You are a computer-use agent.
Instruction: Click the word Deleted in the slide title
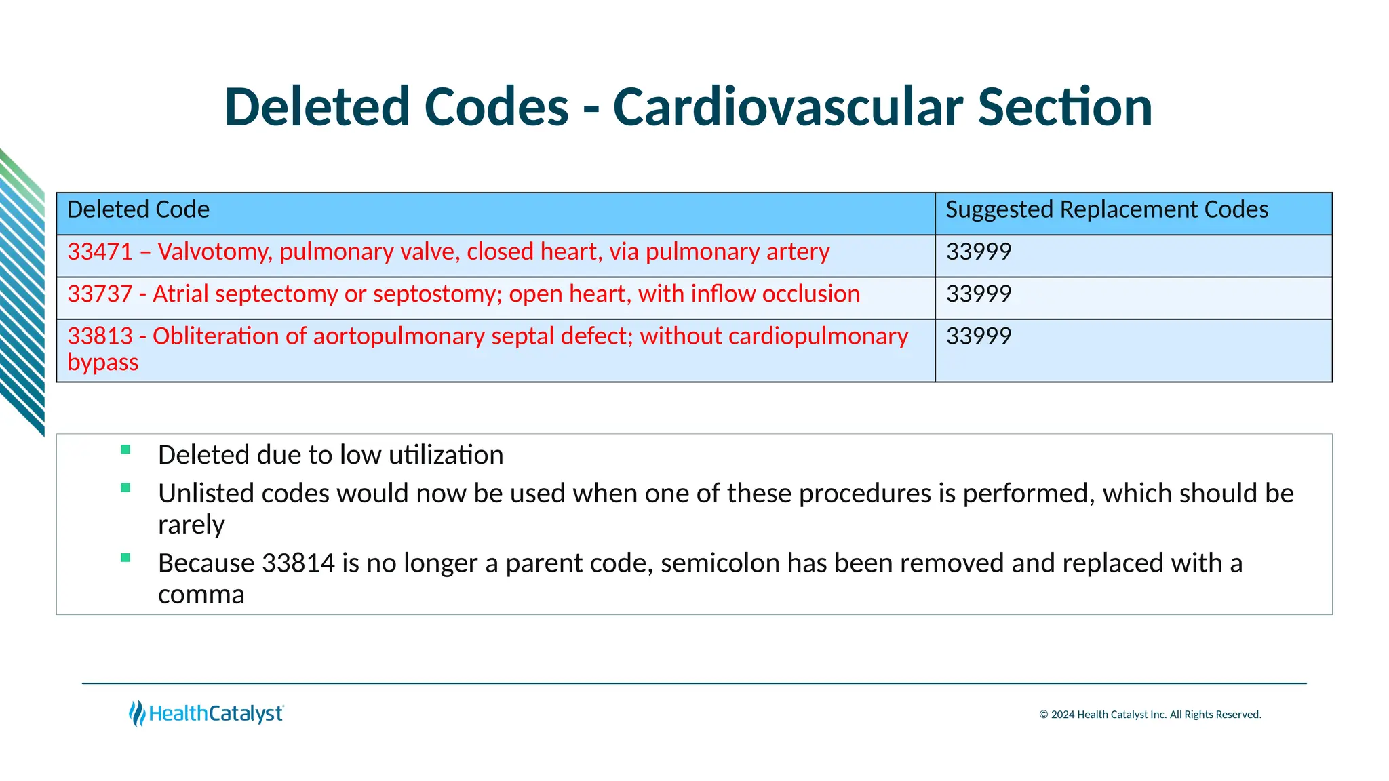tap(317, 107)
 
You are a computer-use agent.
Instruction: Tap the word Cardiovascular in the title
tap(787, 107)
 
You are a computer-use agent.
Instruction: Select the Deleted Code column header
tap(138, 209)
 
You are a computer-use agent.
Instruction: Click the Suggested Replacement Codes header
tap(1106, 209)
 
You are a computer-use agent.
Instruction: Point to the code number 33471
tap(100, 252)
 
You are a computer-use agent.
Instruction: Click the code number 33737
tap(100, 294)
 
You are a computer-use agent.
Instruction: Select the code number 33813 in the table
tap(100, 336)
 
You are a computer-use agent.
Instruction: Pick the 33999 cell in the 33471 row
tap(978, 252)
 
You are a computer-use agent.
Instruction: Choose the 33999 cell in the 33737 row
tap(978, 294)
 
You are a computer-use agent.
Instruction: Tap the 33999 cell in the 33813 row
tap(978, 336)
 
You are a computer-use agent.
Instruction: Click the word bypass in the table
tap(103, 363)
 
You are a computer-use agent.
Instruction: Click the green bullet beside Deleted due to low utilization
tap(125, 449)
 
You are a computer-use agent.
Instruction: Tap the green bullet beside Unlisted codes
tap(125, 487)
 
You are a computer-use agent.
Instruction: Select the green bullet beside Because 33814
tap(125, 558)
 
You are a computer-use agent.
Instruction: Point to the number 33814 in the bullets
tap(298, 563)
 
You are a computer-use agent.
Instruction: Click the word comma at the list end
tap(201, 595)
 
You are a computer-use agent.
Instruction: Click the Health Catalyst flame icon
tap(137, 713)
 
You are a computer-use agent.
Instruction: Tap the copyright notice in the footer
tap(1150, 715)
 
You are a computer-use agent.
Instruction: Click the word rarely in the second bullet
tap(191, 525)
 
